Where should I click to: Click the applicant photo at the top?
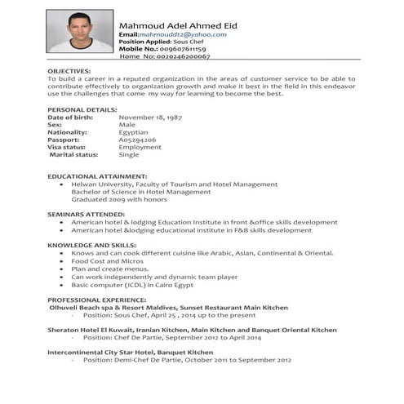click(79, 36)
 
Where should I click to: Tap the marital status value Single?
click(129, 154)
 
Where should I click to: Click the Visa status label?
click(71, 147)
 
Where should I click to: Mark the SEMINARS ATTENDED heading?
click(86, 213)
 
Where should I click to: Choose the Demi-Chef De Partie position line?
click(186, 359)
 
